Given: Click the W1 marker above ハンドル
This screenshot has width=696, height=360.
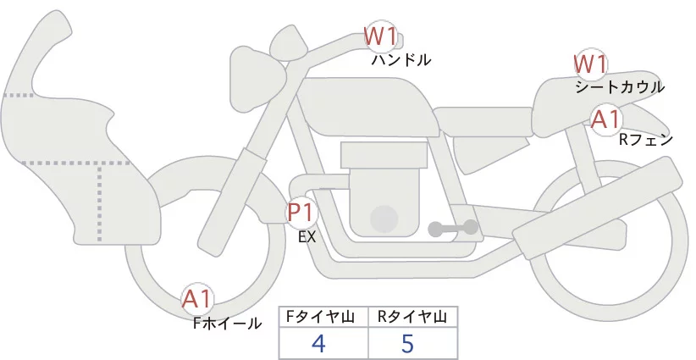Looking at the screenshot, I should [380, 36].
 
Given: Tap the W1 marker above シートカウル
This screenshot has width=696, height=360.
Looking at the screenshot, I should [590, 64].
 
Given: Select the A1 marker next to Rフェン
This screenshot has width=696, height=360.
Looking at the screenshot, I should [605, 119].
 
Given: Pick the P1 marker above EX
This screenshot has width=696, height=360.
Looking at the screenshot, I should [301, 211].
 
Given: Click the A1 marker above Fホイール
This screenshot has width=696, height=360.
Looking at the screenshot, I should [197, 298].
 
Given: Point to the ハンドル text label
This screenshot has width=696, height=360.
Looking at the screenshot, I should [401, 60].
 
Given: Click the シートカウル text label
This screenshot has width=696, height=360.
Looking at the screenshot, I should [620, 87].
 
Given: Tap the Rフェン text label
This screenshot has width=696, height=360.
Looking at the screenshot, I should [645, 139].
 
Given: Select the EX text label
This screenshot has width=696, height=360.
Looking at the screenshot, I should [307, 238].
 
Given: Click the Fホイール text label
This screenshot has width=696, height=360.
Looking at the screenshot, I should [227, 323].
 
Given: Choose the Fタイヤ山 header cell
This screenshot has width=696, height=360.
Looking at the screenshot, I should [323, 317].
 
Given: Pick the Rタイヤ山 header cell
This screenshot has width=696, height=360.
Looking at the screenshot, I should [412, 317].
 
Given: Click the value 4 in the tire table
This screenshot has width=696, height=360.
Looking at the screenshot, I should [318, 344].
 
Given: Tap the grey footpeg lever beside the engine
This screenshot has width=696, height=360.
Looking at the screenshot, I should [453, 228].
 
